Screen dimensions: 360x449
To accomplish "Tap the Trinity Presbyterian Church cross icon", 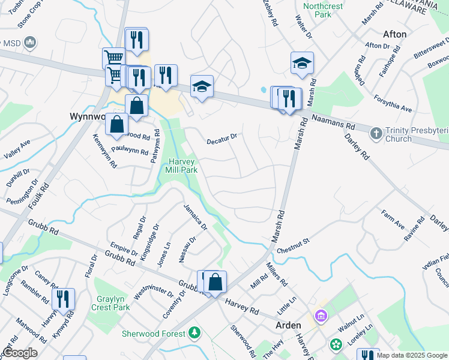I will (x=376, y=133).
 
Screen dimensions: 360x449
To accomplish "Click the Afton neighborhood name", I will (x=394, y=34).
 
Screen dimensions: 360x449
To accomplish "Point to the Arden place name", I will (x=288, y=325).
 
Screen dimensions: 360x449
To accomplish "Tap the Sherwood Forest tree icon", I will (x=194, y=332).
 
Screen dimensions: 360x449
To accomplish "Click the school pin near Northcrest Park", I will (x=302, y=63).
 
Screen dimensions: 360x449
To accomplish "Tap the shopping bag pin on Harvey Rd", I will (x=215, y=281).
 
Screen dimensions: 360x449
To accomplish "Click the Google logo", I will (x=20, y=353).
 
